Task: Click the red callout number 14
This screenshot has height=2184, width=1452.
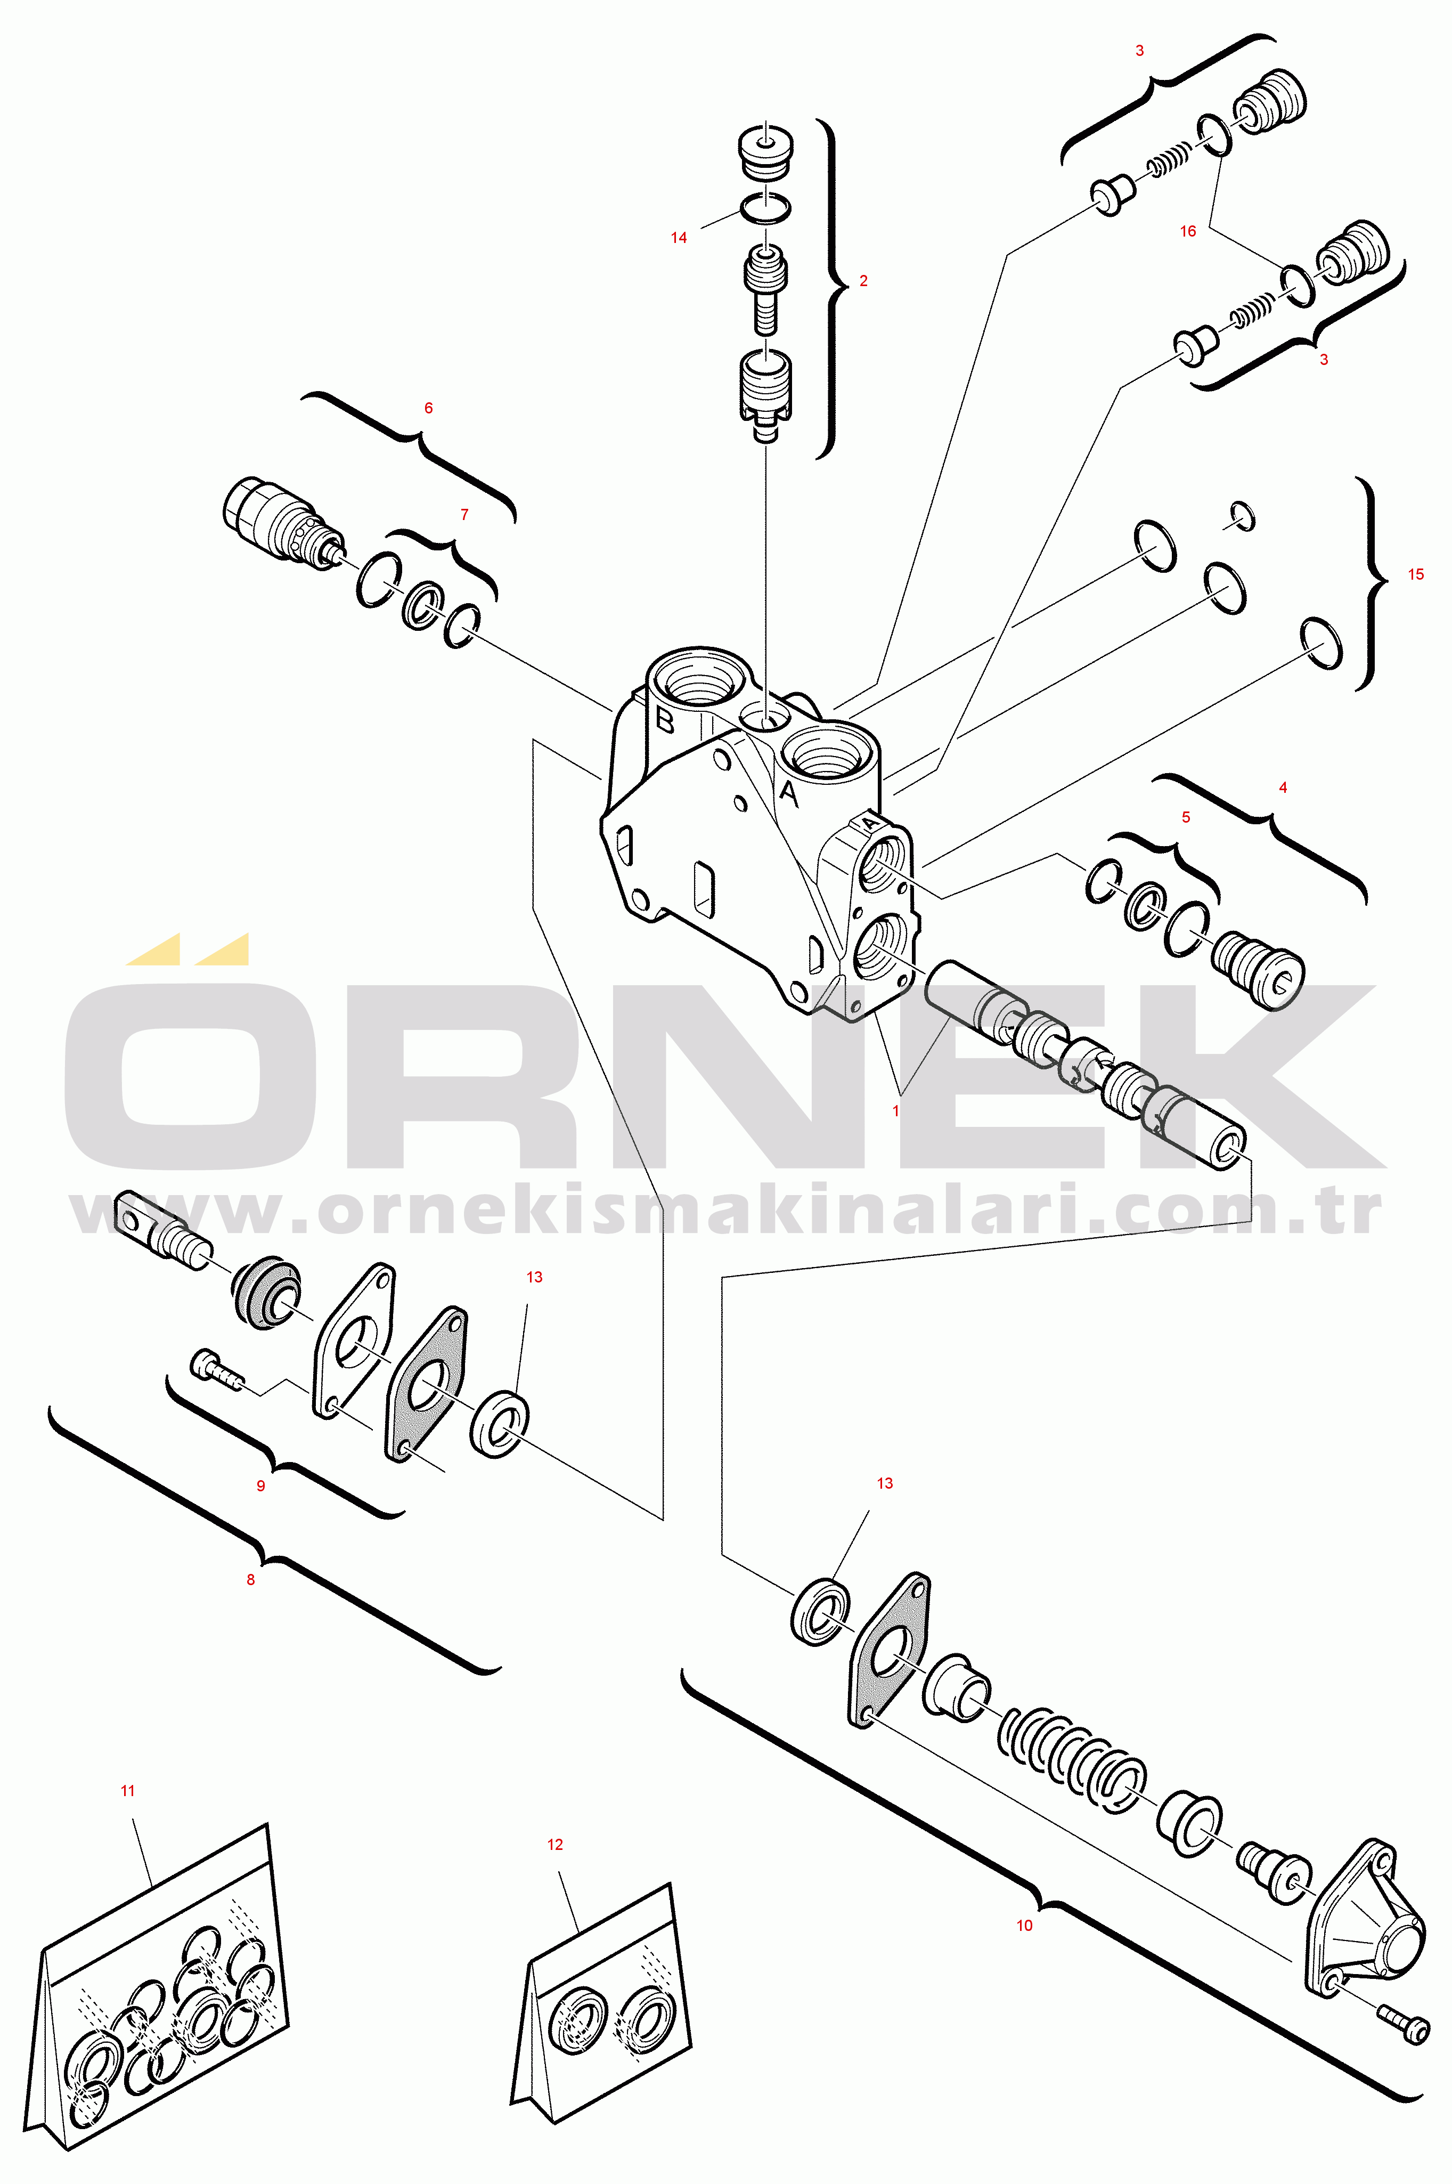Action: click(x=679, y=238)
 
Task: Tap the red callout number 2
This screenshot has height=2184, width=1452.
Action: click(x=864, y=281)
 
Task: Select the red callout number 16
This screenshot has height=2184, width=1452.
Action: click(x=1188, y=232)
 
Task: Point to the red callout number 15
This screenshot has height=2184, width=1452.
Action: click(x=1416, y=574)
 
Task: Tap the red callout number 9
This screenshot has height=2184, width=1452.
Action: click(x=261, y=1485)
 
